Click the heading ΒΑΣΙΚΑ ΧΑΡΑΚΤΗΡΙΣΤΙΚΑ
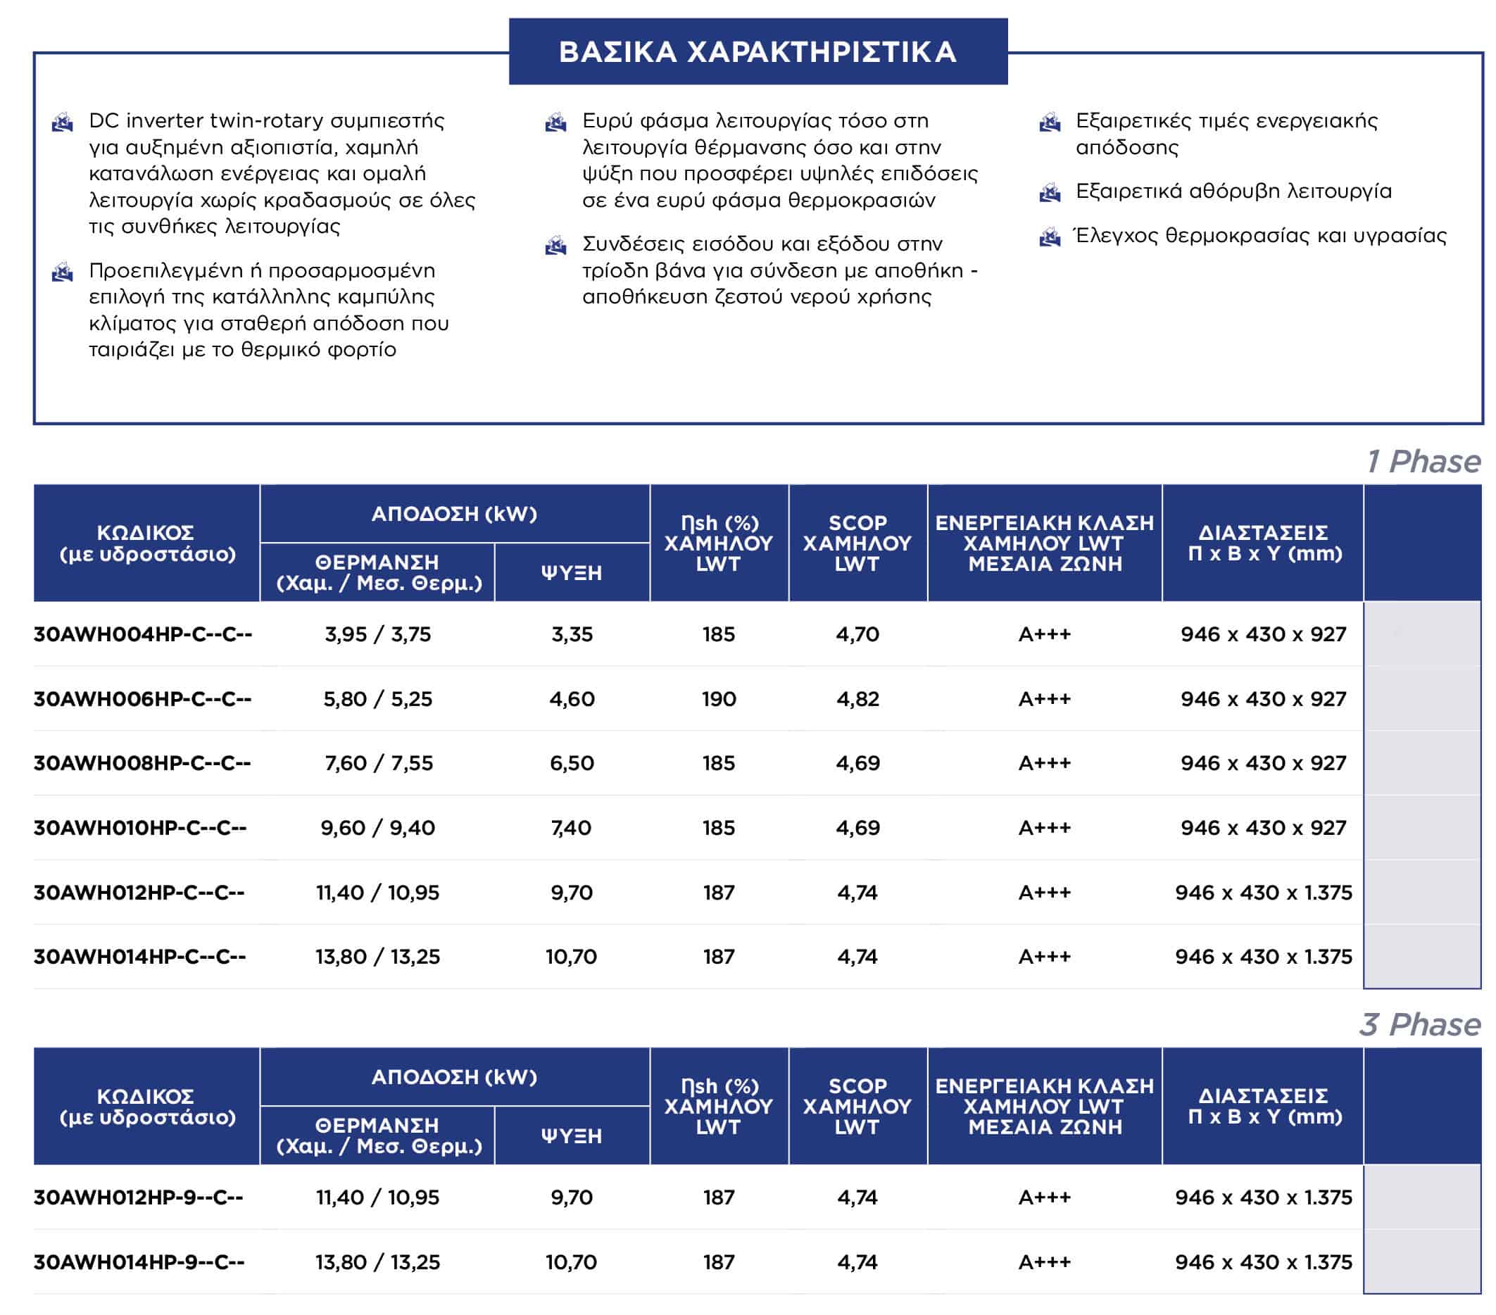[x=758, y=52]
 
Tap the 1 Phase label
[x=1423, y=462]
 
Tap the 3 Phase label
[x=1420, y=1024]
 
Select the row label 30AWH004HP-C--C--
[x=143, y=634]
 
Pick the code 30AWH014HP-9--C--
[x=139, y=1262]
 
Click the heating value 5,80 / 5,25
[x=377, y=699]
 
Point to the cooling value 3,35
[x=572, y=634]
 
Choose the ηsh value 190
[x=719, y=699]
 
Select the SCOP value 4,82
[x=857, y=699]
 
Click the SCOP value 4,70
[x=857, y=634]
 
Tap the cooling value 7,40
[x=571, y=828]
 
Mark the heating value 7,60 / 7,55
[x=378, y=763]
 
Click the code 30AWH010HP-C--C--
[x=140, y=828]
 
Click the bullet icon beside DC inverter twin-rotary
[x=63, y=122]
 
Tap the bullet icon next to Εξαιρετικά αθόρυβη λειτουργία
[x=1050, y=193]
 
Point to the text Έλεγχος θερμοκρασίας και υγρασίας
[x=1259, y=236]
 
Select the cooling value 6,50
[x=572, y=763]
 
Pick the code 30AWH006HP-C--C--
[x=142, y=699]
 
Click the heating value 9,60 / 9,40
[x=377, y=828]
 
